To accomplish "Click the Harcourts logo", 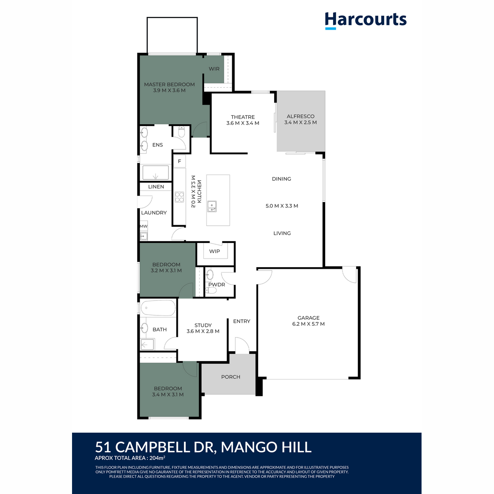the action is [x=366, y=21].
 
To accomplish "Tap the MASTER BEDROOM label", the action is [x=169, y=84].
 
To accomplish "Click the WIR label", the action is [x=214, y=69].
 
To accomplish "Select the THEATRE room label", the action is [x=242, y=117].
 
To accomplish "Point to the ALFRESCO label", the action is [x=301, y=117].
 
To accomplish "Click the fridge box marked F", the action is [x=179, y=161].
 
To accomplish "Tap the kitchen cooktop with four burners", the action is [x=179, y=197].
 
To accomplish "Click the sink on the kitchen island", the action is [x=212, y=206].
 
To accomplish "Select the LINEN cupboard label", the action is [x=156, y=186].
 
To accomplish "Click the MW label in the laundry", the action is [x=144, y=226].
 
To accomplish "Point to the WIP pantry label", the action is [x=214, y=251].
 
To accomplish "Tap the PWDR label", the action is [x=217, y=284].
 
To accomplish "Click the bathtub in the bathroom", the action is [x=158, y=308].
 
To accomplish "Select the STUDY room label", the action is [x=203, y=325].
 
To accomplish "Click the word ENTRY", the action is [x=242, y=321].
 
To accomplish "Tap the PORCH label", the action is [x=231, y=377].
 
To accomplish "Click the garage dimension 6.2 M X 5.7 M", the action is [x=308, y=324].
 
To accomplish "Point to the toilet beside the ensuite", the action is [x=182, y=132].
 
